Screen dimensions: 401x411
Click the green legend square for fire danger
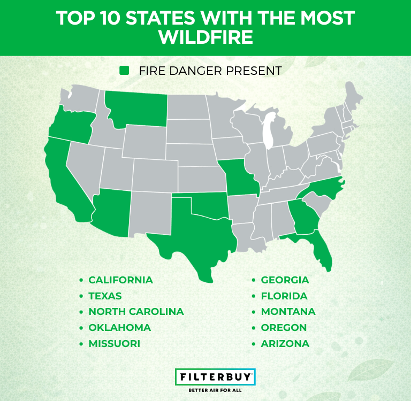pos(125,71)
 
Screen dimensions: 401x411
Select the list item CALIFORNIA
pos(120,280)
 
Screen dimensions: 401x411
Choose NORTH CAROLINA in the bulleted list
pos(136,312)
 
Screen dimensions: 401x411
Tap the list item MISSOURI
pos(114,344)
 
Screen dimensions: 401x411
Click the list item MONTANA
pos(288,312)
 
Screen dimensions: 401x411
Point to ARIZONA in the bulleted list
pos(285,344)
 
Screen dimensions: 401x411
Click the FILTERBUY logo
pos(216,376)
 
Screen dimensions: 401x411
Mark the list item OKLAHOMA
pos(119,328)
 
